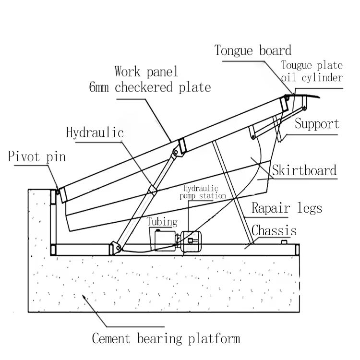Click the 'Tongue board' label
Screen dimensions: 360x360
pyautogui.click(x=253, y=50)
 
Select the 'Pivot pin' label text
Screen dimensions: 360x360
pyautogui.click(x=36, y=157)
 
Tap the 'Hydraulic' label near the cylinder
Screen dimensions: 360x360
pyautogui.click(x=95, y=132)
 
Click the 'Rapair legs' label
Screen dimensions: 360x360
pyautogui.click(x=287, y=208)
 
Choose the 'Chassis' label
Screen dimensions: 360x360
pyautogui.click(x=274, y=230)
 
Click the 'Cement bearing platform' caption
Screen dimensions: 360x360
pyautogui.click(x=166, y=339)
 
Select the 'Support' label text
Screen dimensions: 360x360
pyautogui.click(x=317, y=124)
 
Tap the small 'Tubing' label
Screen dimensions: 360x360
pyautogui.click(x=162, y=222)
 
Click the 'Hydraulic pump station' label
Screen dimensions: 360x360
pyautogui.click(x=203, y=192)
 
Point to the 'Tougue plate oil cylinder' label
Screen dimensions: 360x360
pyautogui.click(x=312, y=72)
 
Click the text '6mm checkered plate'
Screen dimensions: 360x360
pyautogui.click(x=150, y=87)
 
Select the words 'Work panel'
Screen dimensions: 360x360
pyautogui.click(x=146, y=72)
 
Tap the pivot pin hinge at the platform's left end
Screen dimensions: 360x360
pyautogui.click(x=57, y=192)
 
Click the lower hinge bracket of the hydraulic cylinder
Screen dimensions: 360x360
pyautogui.click(x=115, y=247)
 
